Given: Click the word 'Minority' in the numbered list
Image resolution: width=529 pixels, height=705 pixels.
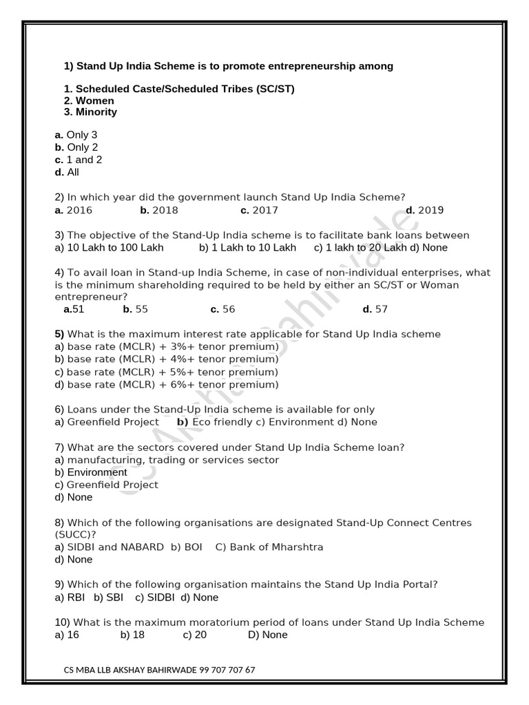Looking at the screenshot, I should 96,112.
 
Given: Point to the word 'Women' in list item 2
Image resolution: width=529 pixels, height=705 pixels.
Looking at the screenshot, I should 94,101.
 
